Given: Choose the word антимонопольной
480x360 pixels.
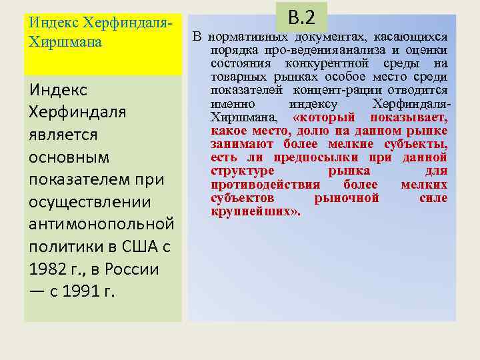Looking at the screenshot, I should pyautogui.click(x=101, y=224).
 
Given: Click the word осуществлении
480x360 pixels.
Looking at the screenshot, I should pyautogui.click(x=89, y=201).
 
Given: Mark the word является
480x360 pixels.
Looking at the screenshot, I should pyautogui.click(x=63, y=135).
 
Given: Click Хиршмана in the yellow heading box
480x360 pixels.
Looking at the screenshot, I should pyautogui.click(x=64, y=43).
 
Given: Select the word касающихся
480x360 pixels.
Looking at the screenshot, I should pyautogui.click(x=410, y=37).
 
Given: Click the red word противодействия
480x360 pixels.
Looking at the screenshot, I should pyautogui.click(x=265, y=185).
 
